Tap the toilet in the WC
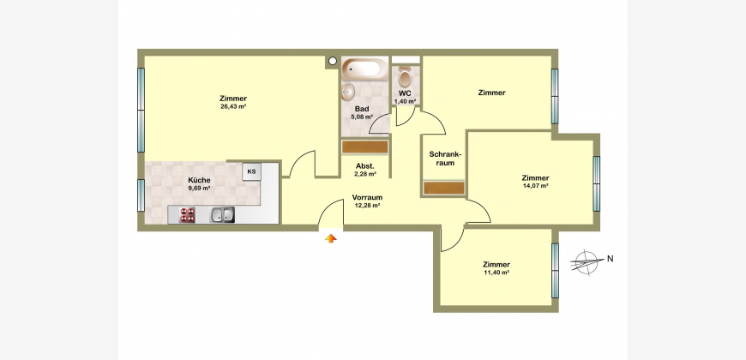(405, 76)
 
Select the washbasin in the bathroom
(348, 92)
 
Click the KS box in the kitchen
(252, 171)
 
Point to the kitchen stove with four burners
(188, 215)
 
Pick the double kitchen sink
(223, 215)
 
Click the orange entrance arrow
(331, 237)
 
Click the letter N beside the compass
(610, 259)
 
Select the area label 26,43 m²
(233, 106)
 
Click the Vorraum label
(367, 197)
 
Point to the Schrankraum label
(446, 159)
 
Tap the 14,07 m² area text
(536, 186)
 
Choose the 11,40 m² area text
(496, 273)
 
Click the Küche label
(199, 180)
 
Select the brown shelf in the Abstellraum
(365, 147)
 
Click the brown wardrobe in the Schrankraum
(444, 188)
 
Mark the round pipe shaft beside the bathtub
(333, 60)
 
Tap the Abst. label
(365, 166)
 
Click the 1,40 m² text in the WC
(405, 101)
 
